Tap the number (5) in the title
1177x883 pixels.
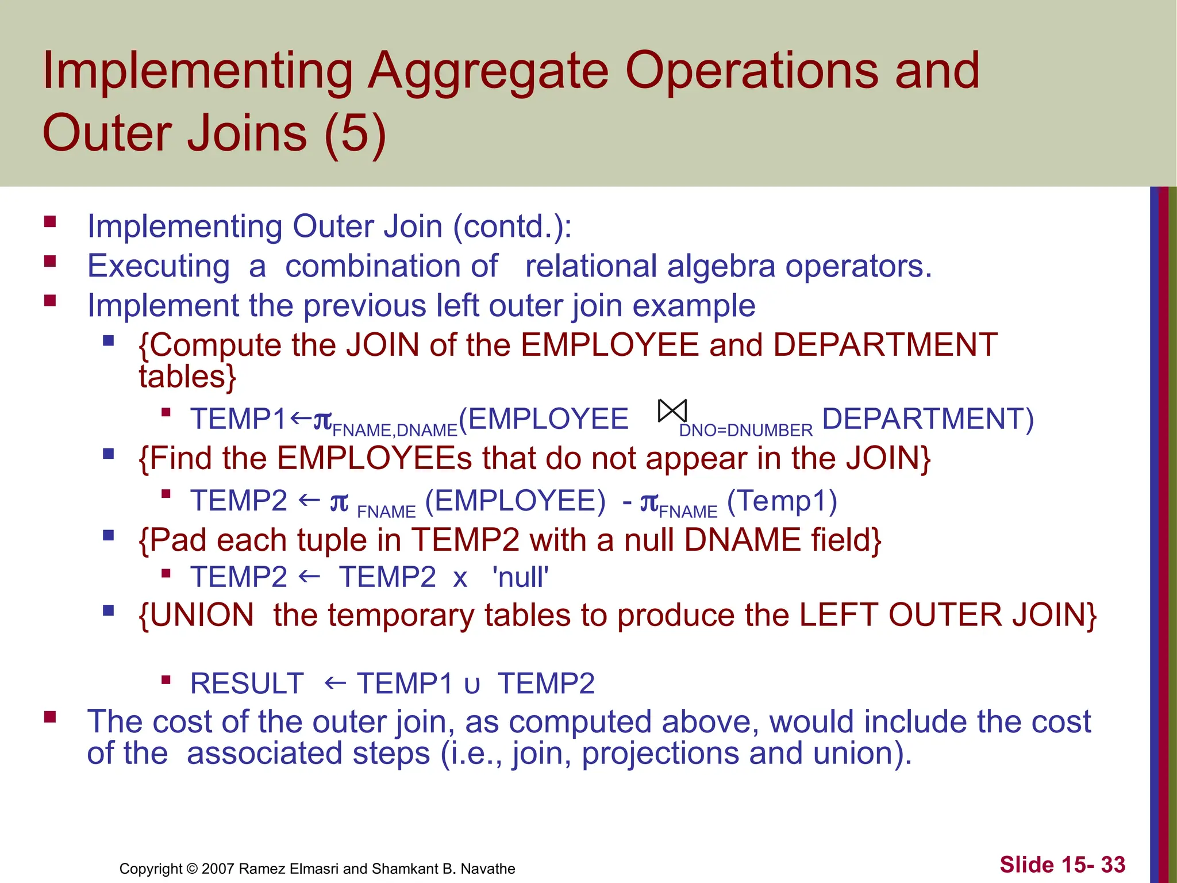(355, 133)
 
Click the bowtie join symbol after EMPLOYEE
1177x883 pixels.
(672, 411)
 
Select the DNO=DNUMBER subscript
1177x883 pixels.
(745, 431)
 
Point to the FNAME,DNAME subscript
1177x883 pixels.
(395, 431)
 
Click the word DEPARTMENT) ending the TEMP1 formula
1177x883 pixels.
(927, 419)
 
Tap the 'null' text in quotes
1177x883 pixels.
(520, 577)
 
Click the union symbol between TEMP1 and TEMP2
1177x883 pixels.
(472, 685)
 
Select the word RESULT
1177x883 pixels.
(247, 684)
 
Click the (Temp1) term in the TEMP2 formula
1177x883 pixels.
(782, 500)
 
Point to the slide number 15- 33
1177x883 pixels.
(1062, 865)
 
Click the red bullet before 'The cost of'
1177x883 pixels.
(50, 717)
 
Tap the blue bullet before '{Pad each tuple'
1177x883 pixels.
(109, 536)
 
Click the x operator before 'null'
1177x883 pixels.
(460, 578)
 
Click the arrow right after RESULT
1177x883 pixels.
(334, 683)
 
